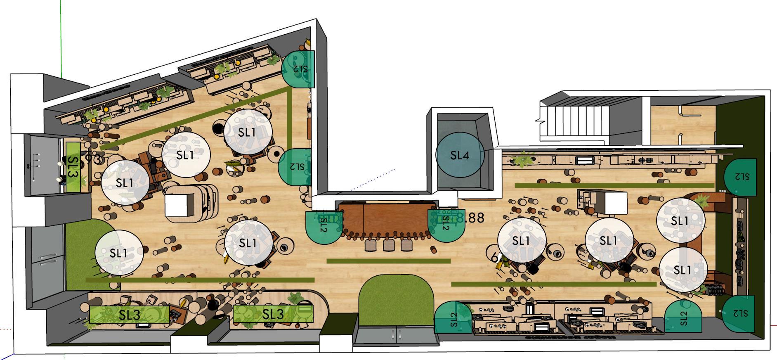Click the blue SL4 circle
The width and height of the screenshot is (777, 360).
pyautogui.click(x=460, y=155)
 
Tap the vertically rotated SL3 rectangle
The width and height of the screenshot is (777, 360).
pyautogui.click(x=73, y=167)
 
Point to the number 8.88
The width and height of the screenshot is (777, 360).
pyautogui.click(x=470, y=218)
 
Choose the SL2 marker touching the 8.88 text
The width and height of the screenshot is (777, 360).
pyautogui.click(x=445, y=225)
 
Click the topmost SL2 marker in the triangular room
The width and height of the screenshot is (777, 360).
pyautogui.click(x=298, y=69)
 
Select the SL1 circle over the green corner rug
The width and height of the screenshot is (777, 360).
pyautogui.click(x=119, y=253)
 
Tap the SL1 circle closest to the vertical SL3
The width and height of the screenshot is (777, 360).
pyautogui.click(x=125, y=182)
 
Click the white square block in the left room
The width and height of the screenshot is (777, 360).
pyautogui.click(x=178, y=206)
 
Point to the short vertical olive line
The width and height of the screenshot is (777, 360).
pyautogui.click(x=290, y=118)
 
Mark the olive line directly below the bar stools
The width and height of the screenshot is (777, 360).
pyautogui.click(x=388, y=261)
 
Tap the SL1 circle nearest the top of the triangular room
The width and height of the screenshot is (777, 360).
pyautogui.click(x=248, y=132)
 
